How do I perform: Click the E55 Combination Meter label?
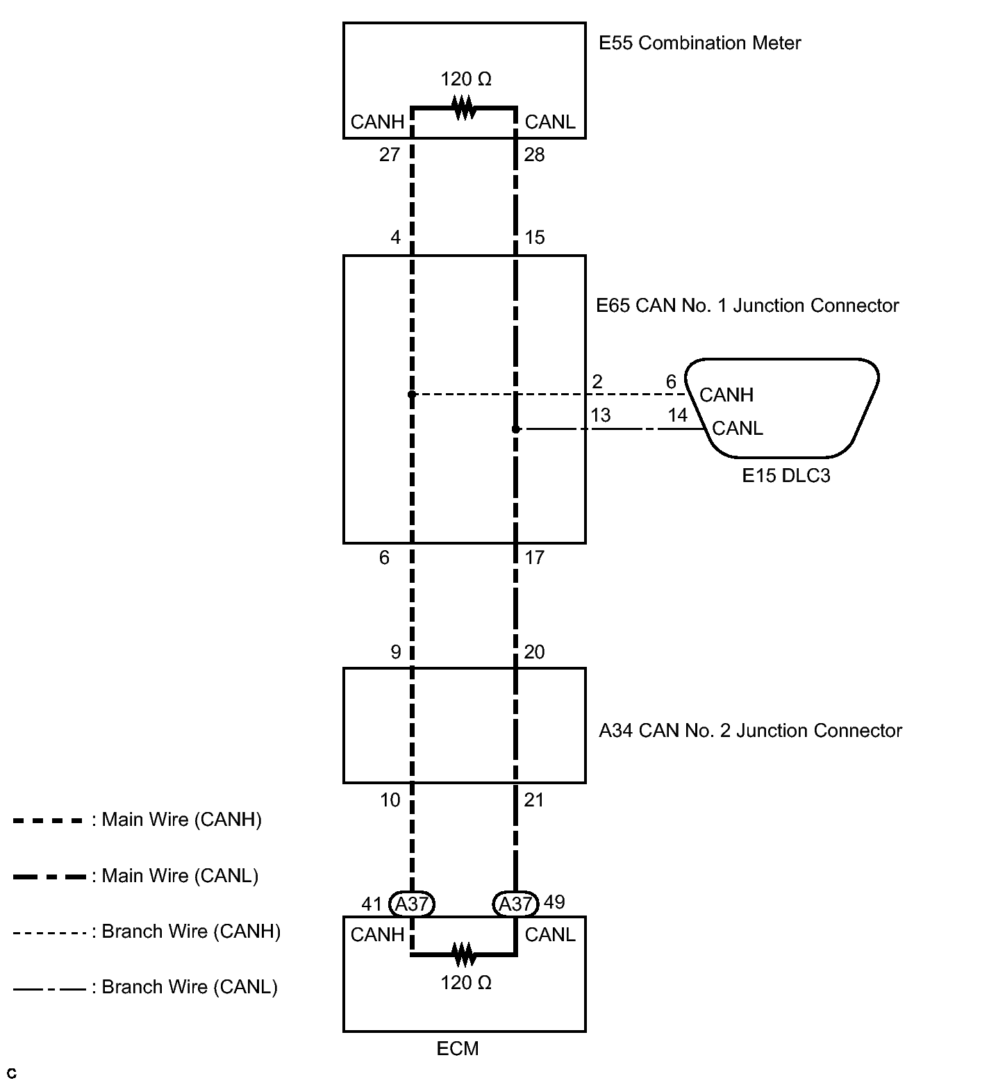[x=699, y=43]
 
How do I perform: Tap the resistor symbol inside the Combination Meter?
[x=464, y=108]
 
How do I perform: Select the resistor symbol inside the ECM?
[x=464, y=954]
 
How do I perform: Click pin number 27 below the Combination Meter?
[x=390, y=154]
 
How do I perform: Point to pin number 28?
[x=535, y=154]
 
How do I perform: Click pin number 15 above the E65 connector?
[x=535, y=238]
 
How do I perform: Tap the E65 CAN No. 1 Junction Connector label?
[x=747, y=306]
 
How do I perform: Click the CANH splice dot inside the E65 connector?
[x=412, y=395]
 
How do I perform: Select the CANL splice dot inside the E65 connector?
[x=515, y=429]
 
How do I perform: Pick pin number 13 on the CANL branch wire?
[x=600, y=415]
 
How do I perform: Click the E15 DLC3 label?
[x=786, y=476]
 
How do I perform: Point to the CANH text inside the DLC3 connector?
[x=726, y=395]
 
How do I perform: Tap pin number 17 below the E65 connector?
[x=535, y=557]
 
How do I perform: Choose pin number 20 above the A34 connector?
[x=535, y=652]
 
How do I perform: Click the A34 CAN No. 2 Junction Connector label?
[x=750, y=731]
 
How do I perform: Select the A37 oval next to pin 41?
[x=412, y=904]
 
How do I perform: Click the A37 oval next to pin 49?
[x=515, y=904]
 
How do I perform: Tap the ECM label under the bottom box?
[x=458, y=1048]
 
